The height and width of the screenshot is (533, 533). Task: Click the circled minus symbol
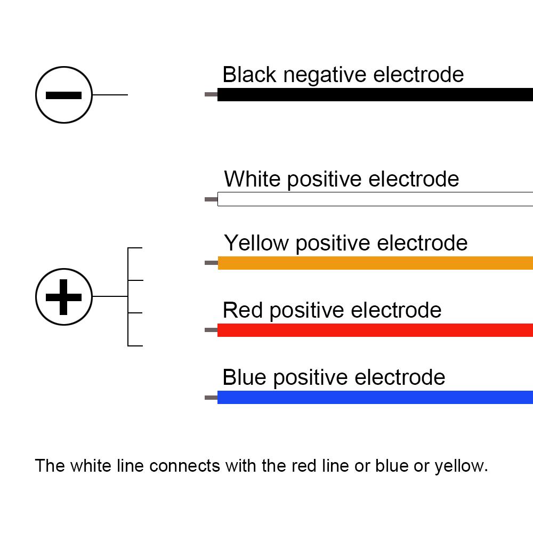64,95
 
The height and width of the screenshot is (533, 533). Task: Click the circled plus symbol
64,296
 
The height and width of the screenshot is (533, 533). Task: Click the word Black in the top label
249,75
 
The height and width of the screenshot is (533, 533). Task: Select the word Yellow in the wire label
257,243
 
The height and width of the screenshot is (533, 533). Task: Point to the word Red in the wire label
244,310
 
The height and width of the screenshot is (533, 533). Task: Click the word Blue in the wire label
245,377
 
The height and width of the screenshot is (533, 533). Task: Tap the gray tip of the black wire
211,95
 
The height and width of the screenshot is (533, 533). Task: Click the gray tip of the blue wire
211,398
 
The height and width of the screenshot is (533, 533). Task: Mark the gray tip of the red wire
211,330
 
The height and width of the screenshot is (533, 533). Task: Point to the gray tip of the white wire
211,199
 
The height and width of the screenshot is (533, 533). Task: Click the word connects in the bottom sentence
184,466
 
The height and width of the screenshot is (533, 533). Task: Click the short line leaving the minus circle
110,95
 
